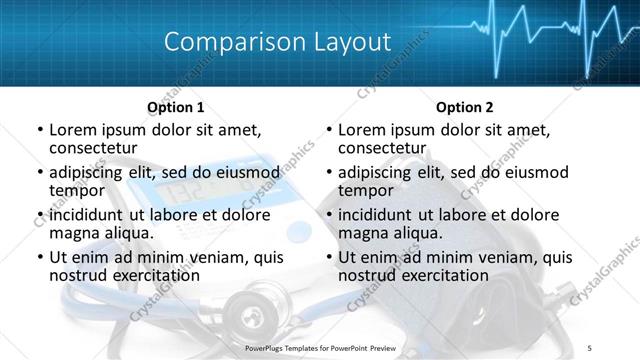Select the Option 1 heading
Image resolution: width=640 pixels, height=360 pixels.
click(x=176, y=107)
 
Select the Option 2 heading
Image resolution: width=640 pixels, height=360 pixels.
click(x=465, y=107)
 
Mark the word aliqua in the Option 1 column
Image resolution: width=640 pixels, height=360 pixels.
click(x=127, y=233)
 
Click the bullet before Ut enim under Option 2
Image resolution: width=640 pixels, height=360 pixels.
click(x=329, y=258)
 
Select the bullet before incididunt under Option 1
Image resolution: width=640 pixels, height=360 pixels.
click(x=40, y=216)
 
